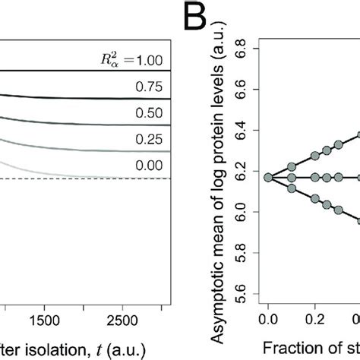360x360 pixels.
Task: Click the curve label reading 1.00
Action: coord(155,58)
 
